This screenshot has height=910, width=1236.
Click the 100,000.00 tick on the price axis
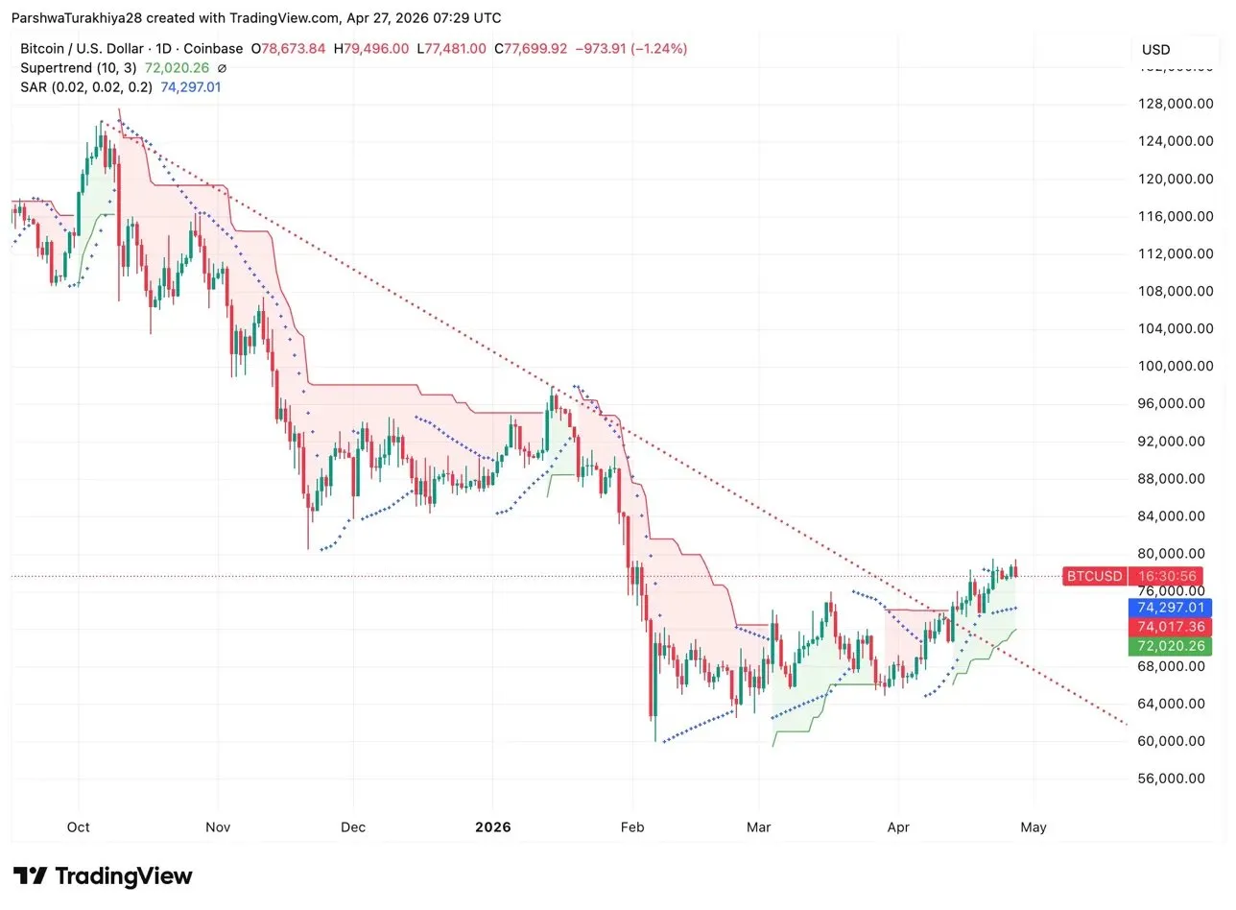[1172, 366]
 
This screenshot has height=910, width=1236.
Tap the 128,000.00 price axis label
[1172, 104]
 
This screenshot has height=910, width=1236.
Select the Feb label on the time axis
[632, 826]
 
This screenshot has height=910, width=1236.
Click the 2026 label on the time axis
[492, 826]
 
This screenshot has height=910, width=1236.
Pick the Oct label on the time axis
[79, 826]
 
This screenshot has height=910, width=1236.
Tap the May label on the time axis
[1034, 826]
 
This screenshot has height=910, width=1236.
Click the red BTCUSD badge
[1094, 576]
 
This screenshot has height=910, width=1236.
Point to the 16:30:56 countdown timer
[1168, 576]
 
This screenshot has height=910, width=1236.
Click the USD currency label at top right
[1155, 50]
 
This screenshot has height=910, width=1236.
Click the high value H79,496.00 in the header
[371, 49]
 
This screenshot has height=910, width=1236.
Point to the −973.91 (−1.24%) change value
[631, 49]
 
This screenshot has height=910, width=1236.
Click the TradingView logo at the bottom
[104, 876]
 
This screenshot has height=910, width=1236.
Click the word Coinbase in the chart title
[213, 49]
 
